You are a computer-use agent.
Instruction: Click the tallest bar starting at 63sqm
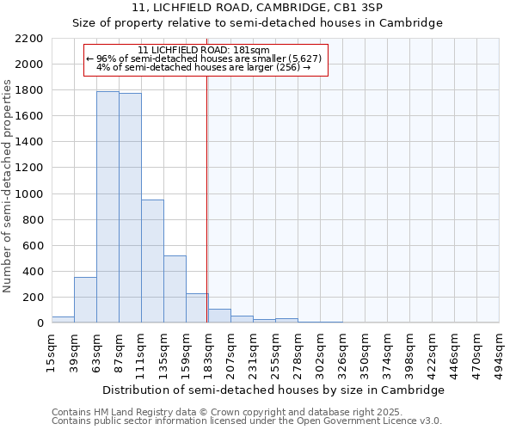click(107, 206)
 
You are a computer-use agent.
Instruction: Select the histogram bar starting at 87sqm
click(130, 207)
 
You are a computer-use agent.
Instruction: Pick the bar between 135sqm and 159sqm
click(175, 289)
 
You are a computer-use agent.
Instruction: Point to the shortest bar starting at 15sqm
click(63, 319)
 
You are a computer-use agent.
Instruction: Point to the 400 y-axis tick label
click(33, 272)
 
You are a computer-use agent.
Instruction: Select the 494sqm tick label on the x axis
click(500, 351)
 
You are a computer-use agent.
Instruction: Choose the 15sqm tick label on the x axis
click(52, 349)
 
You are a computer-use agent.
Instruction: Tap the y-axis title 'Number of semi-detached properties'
click(8, 187)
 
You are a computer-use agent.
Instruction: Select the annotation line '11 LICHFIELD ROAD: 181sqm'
click(205, 50)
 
